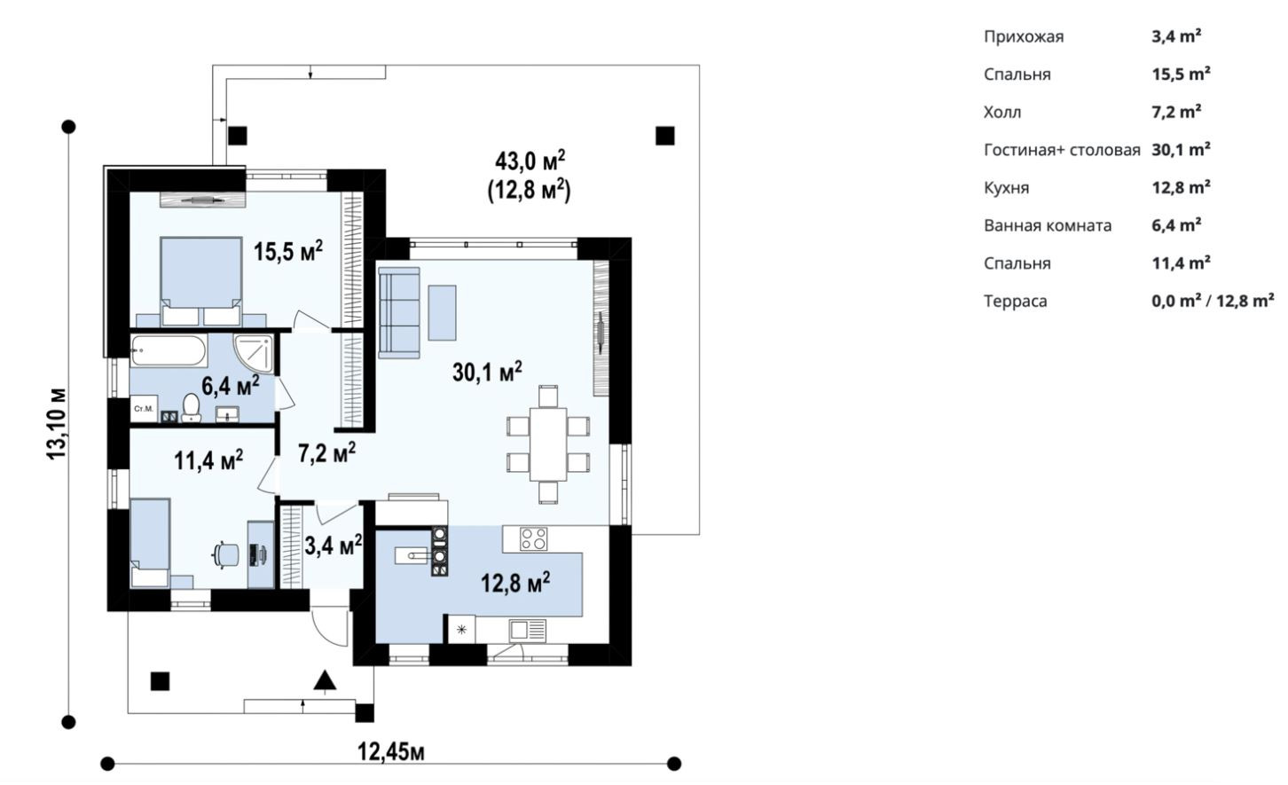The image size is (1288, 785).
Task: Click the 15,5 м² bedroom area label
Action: [x=288, y=252]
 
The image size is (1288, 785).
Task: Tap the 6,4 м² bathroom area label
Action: [x=230, y=385]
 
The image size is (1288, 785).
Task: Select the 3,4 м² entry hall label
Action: [x=333, y=545]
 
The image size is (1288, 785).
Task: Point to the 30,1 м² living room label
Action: [x=487, y=372]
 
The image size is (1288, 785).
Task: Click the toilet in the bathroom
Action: [x=191, y=408]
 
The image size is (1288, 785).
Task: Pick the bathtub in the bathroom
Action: [x=169, y=350]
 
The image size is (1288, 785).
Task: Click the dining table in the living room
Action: [x=548, y=444]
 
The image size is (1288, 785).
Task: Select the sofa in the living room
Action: [x=399, y=312]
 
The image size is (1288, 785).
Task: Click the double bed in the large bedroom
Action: [x=200, y=281]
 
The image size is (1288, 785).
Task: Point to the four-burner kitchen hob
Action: [x=534, y=539]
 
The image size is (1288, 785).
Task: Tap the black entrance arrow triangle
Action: [x=325, y=680]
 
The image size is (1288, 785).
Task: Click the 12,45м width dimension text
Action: [x=391, y=751]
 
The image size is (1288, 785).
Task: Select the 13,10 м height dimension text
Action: [x=57, y=424]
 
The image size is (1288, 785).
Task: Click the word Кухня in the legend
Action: [x=1006, y=188]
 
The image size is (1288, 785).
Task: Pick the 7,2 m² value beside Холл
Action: [x=1176, y=111]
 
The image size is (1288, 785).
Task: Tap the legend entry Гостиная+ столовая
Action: [x=1062, y=150]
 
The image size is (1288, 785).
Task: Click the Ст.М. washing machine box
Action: [x=144, y=409]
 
